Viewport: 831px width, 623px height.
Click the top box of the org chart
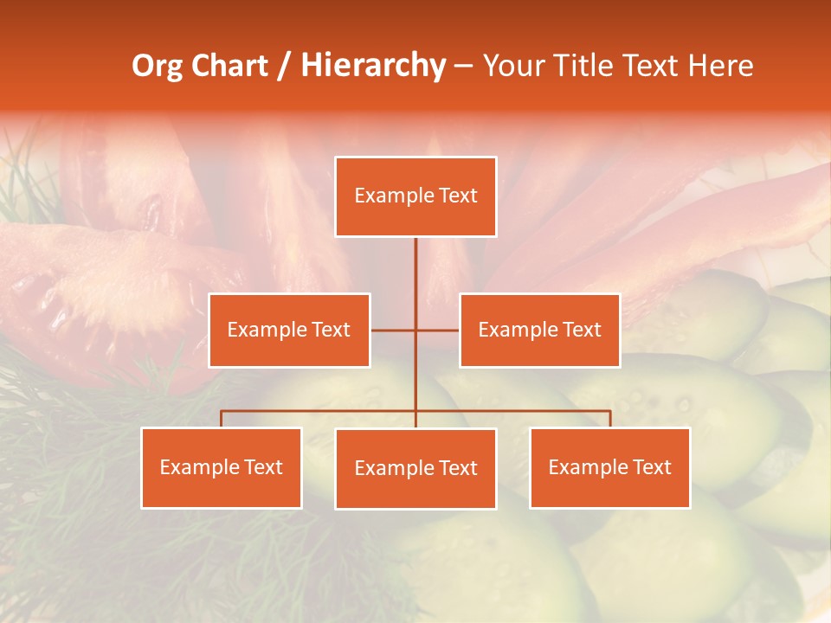click(415, 196)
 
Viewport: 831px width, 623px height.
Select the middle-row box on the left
click(289, 330)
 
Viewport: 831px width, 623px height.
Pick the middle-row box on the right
click(539, 330)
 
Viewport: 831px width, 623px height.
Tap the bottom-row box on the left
click(222, 467)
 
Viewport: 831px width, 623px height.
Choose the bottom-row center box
click(415, 468)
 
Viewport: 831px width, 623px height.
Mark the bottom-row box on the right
click(609, 467)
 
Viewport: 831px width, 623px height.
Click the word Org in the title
click(157, 66)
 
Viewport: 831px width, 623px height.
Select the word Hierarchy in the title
click(372, 66)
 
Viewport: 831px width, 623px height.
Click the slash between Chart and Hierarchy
click(285, 66)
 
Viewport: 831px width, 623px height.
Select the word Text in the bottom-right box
click(652, 467)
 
